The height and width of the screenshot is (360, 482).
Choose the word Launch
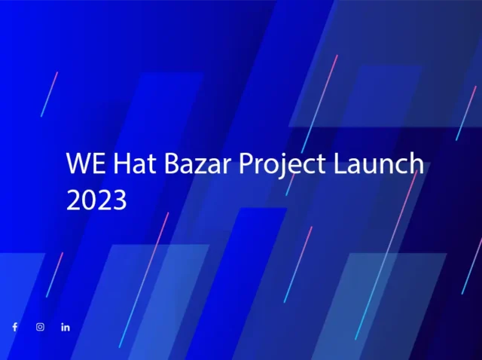pos(378,164)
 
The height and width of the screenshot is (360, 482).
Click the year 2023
pos(96,200)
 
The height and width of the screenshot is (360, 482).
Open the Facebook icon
pos(14,327)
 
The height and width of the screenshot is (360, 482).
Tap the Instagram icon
pos(40,327)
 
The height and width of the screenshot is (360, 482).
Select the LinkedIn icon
pos(66,327)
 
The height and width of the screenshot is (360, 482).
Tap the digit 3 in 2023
pos(119,200)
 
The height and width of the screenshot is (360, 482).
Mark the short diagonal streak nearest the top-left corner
pos(49,94)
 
